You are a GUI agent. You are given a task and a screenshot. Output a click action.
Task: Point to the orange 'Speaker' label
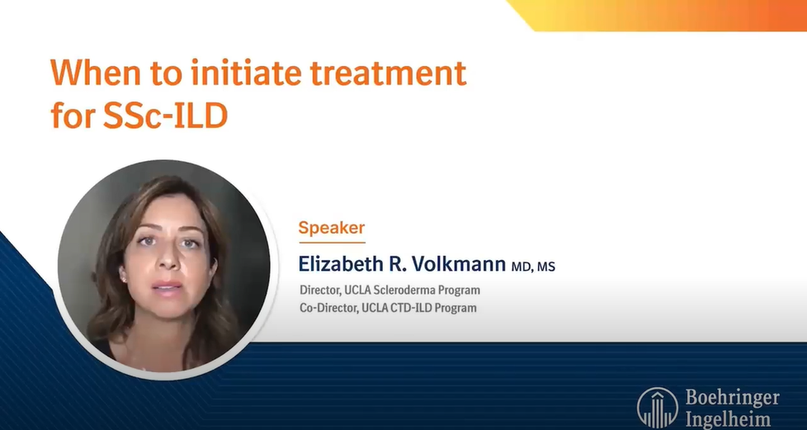coord(331,227)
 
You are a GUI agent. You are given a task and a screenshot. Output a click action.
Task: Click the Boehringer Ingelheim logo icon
coord(658,407)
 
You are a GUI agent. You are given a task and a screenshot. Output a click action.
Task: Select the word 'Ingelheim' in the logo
coord(728,418)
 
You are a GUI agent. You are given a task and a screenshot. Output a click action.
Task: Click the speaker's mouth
coord(167,286)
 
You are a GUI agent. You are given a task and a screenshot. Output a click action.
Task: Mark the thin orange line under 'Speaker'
coord(331,242)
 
